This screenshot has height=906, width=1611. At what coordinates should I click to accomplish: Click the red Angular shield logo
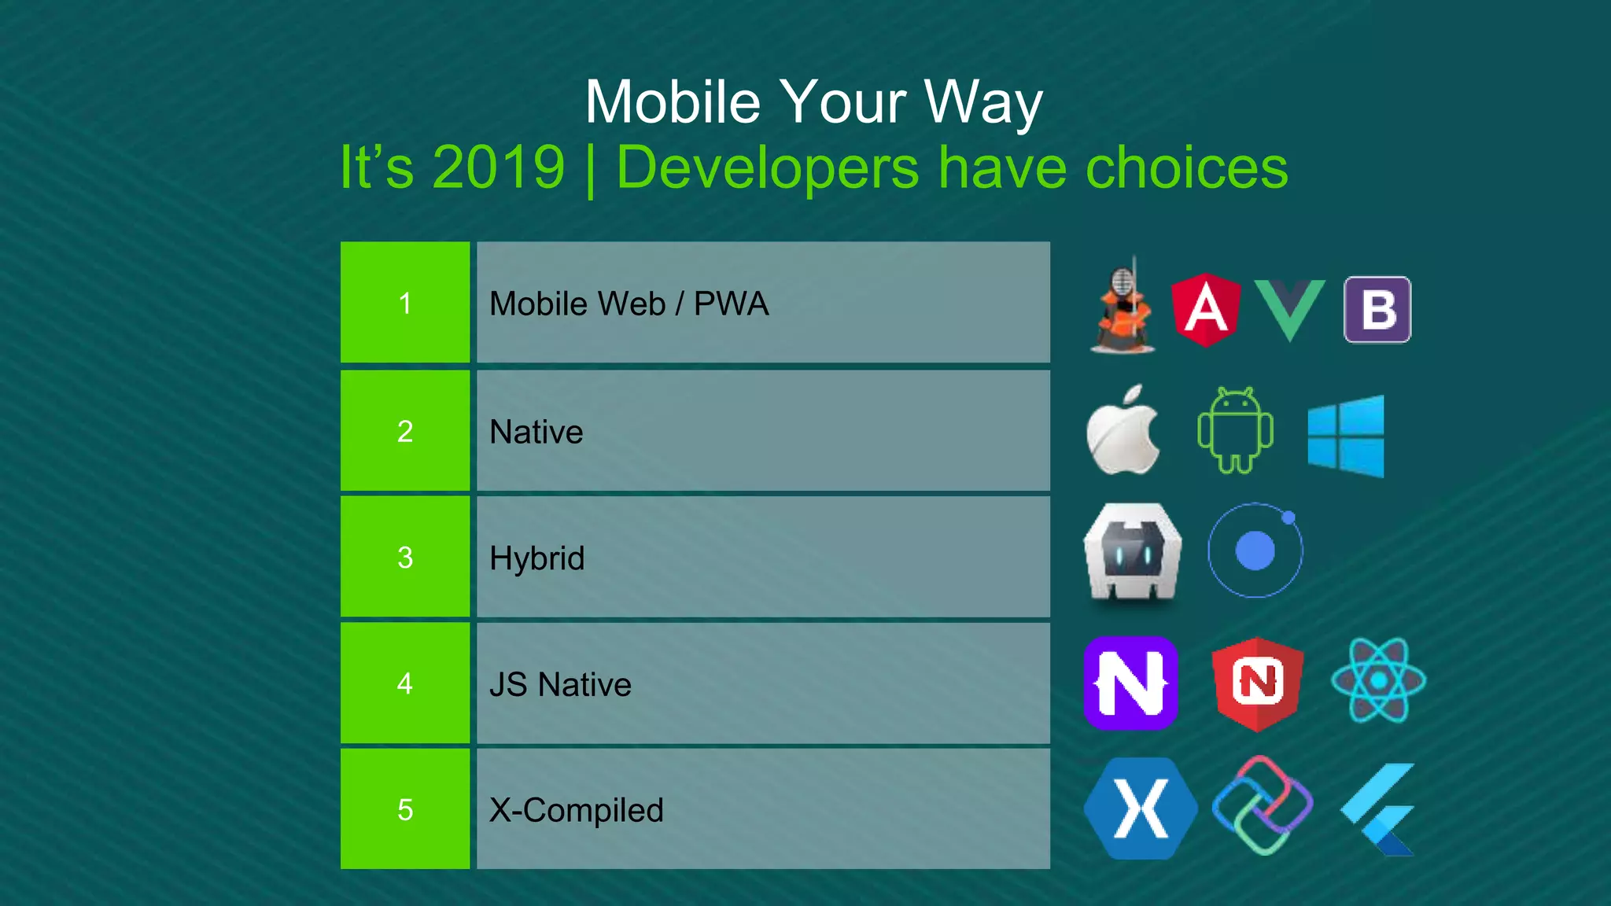pyautogui.click(x=1205, y=310)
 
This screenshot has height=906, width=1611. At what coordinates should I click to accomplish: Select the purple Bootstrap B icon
pyautogui.click(x=1377, y=309)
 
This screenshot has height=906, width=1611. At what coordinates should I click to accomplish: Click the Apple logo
pyautogui.click(x=1123, y=432)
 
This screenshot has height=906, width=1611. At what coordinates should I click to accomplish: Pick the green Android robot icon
pyautogui.click(x=1235, y=430)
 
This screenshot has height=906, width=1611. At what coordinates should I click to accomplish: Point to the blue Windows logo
pyautogui.click(x=1345, y=436)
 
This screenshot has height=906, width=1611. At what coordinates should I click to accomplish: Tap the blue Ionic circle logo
pyautogui.click(x=1255, y=551)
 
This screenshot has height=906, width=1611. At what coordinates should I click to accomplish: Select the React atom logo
pyautogui.click(x=1378, y=680)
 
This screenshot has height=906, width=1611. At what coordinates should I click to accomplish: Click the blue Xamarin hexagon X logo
pyautogui.click(x=1140, y=808)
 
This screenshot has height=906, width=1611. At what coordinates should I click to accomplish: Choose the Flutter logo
pyautogui.click(x=1379, y=809)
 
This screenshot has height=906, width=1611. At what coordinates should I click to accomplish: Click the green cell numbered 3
pyautogui.click(x=405, y=557)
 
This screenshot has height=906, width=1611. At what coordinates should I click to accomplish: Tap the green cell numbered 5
pyautogui.click(x=405, y=809)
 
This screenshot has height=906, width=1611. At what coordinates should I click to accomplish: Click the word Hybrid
pyautogui.click(x=537, y=558)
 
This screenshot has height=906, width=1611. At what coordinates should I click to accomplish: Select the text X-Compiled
pyautogui.click(x=577, y=810)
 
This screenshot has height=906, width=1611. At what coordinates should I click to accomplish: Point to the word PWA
pyautogui.click(x=731, y=304)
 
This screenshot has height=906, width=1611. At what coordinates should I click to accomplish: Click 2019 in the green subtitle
pyautogui.click(x=498, y=168)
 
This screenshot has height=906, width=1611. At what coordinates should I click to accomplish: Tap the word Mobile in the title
pyautogui.click(x=673, y=102)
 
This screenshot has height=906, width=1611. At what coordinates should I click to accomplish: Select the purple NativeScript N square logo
pyautogui.click(x=1130, y=683)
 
